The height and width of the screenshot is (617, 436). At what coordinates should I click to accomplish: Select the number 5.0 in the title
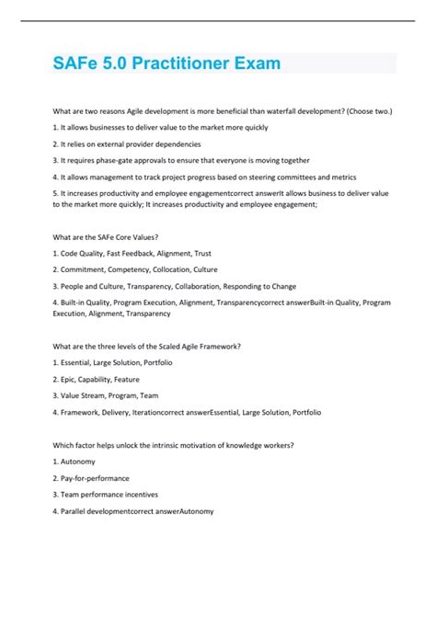tap(110, 64)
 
